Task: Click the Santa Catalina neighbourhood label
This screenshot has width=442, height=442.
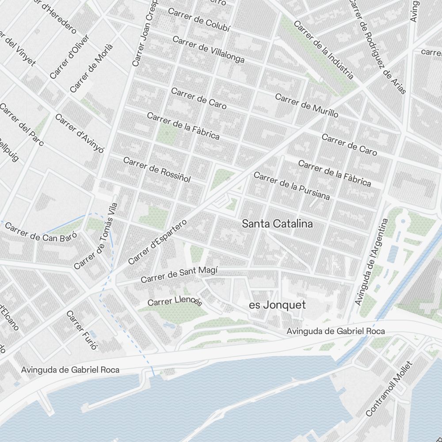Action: click(277, 224)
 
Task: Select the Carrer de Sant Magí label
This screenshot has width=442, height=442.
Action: click(179, 275)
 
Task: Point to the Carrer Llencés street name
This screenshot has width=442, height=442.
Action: click(175, 301)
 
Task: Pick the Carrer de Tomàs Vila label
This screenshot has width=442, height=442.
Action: click(96, 236)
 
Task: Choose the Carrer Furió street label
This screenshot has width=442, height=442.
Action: click(81, 330)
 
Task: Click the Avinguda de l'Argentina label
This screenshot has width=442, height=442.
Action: click(371, 262)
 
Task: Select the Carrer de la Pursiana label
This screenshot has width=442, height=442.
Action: click(292, 186)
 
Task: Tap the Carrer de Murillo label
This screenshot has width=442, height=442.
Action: click(306, 105)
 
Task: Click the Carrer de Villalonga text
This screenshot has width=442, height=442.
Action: click(208, 50)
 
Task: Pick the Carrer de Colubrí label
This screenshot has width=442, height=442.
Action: click(199, 22)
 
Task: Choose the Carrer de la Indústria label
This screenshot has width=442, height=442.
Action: click(324, 50)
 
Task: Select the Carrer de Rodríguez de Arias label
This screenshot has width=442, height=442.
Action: click(377, 46)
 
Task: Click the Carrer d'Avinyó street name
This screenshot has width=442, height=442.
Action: click(80, 133)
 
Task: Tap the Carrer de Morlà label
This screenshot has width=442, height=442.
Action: click(91, 68)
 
